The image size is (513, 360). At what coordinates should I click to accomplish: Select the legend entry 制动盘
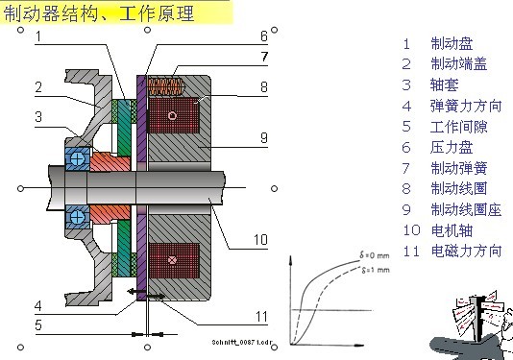tap(452, 43)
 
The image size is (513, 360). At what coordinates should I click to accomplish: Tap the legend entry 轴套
tap(445, 84)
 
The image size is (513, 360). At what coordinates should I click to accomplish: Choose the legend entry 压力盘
tap(452, 147)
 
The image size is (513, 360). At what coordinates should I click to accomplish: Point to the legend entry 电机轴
tap(452, 229)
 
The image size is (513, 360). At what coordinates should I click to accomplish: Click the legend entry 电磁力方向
tap(466, 251)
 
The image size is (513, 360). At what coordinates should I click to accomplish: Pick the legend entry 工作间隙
tap(458, 126)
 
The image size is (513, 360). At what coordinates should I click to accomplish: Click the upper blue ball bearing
tap(77, 156)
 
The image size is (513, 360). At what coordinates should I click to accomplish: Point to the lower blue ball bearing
tap(77, 214)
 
